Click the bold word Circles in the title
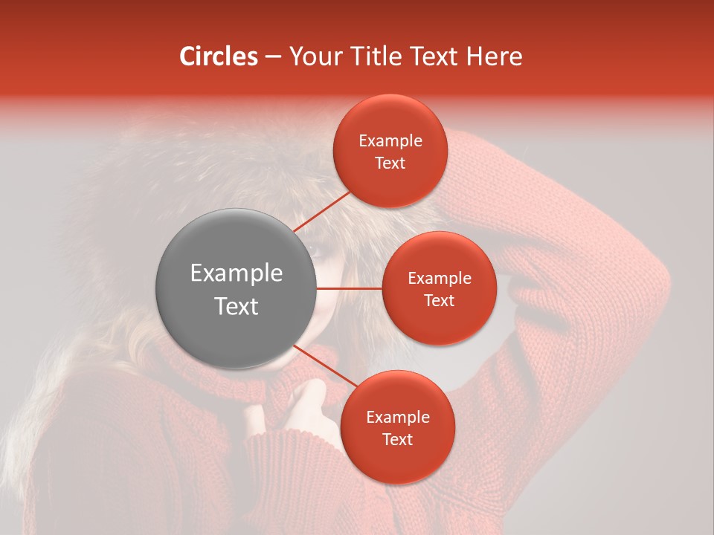pos(218,56)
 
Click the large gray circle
pos(236,288)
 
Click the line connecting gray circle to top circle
pos(321,211)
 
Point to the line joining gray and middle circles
pos(350,288)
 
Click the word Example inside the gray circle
pos(236,273)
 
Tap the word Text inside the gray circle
pos(236,306)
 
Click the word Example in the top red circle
pos(390,141)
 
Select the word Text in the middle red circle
pos(439,300)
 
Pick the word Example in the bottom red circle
pos(397,418)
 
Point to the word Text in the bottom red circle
pos(397,440)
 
